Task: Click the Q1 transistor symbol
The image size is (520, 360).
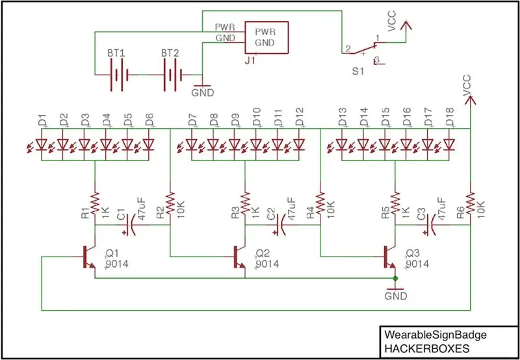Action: click(x=88, y=257)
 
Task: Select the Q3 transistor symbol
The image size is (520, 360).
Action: click(x=389, y=257)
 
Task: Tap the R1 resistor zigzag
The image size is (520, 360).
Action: click(x=95, y=203)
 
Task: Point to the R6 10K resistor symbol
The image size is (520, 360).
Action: click(x=470, y=203)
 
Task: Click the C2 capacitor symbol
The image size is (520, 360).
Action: click(x=281, y=225)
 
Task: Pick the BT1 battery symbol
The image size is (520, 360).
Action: click(x=118, y=75)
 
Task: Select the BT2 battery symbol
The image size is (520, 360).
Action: click(x=172, y=75)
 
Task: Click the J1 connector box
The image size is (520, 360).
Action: click(x=266, y=37)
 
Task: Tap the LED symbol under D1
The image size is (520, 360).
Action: click(x=42, y=144)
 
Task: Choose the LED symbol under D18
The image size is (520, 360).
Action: click(x=448, y=144)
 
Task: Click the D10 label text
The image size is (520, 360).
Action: click(x=257, y=117)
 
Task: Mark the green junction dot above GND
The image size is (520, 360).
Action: click(x=395, y=278)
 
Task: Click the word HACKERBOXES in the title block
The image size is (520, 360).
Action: click(x=426, y=349)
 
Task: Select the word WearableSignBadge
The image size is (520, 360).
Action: click(x=435, y=335)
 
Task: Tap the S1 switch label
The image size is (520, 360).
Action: click(x=358, y=71)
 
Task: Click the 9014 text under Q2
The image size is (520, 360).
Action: click(x=267, y=264)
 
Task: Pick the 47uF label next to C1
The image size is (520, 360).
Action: click(x=142, y=209)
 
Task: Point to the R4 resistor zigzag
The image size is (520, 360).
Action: click(x=320, y=203)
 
